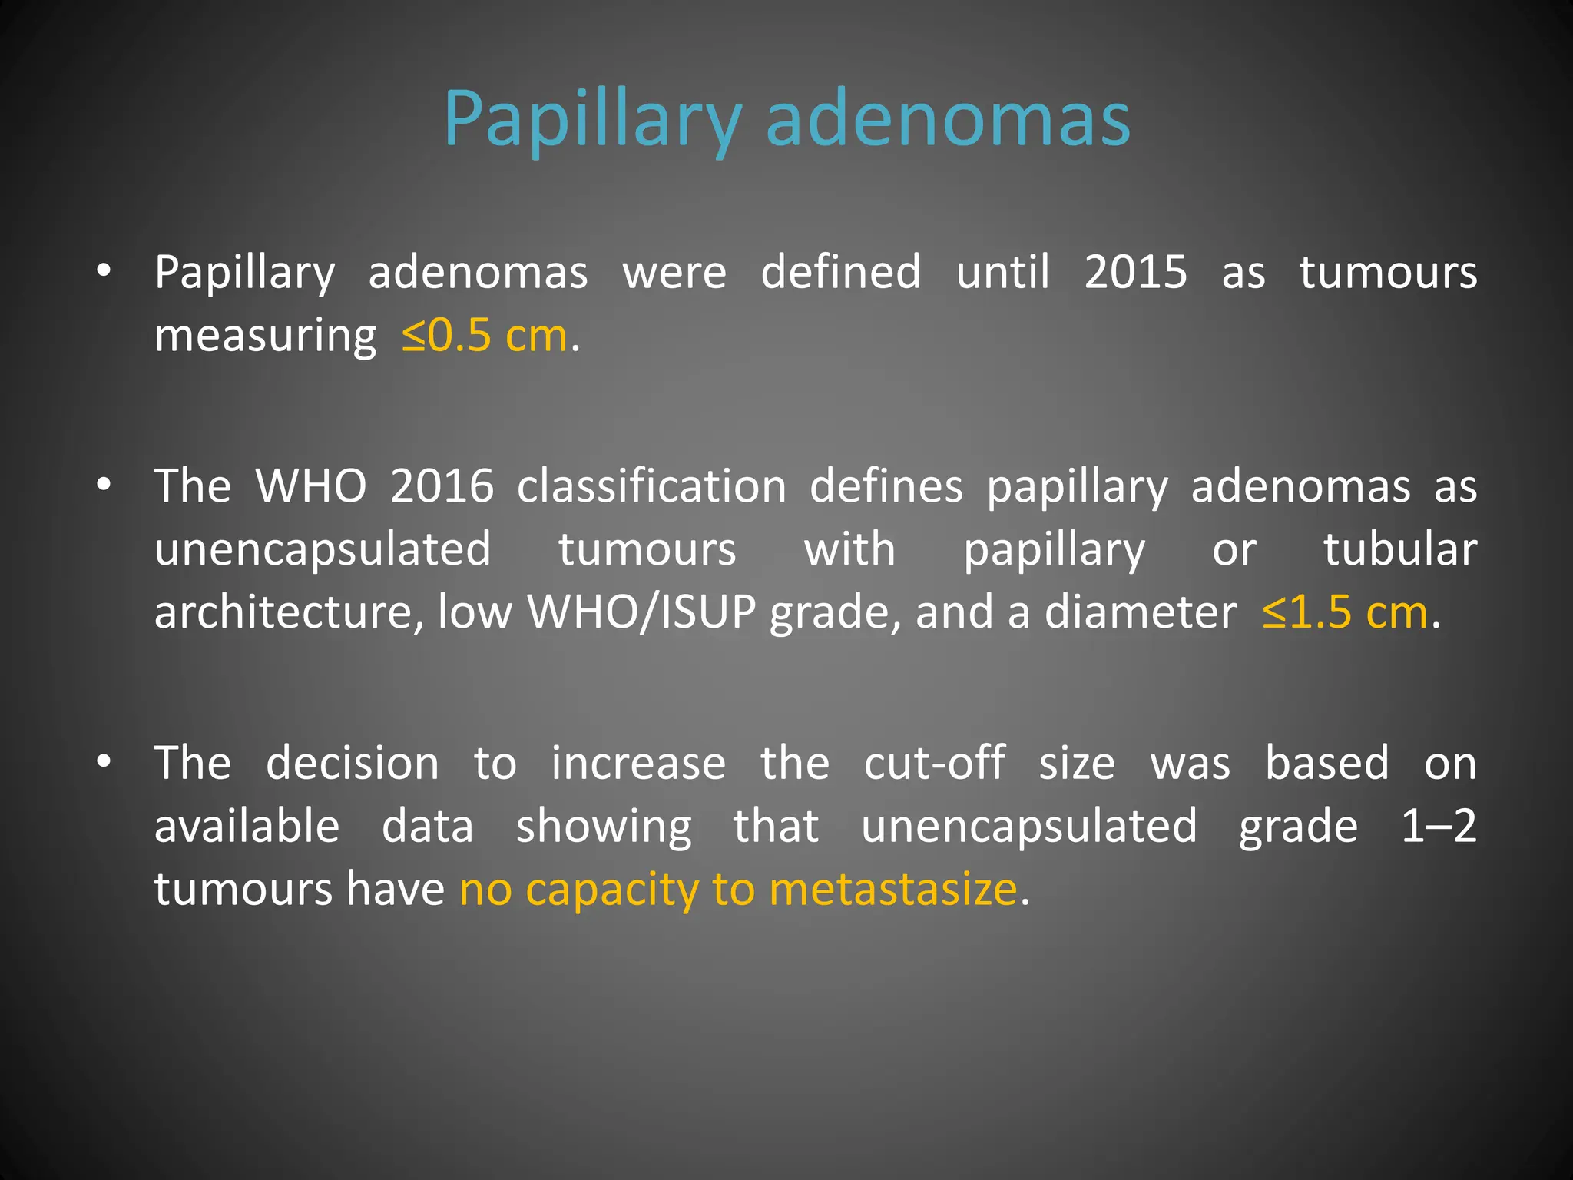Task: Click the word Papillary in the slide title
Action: pyautogui.click(x=592, y=120)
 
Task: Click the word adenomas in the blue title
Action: pyautogui.click(x=948, y=120)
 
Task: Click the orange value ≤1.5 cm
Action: pyautogui.click(x=1345, y=612)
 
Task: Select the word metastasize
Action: pyautogui.click(x=892, y=889)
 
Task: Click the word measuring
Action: pyautogui.click(x=265, y=336)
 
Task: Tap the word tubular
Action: pyautogui.click(x=1399, y=549)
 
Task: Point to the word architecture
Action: pyautogui.click(x=289, y=612)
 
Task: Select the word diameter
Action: pyautogui.click(x=1141, y=612)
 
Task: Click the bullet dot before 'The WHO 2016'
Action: pyautogui.click(x=104, y=485)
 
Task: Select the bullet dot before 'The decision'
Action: pyautogui.click(x=104, y=761)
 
